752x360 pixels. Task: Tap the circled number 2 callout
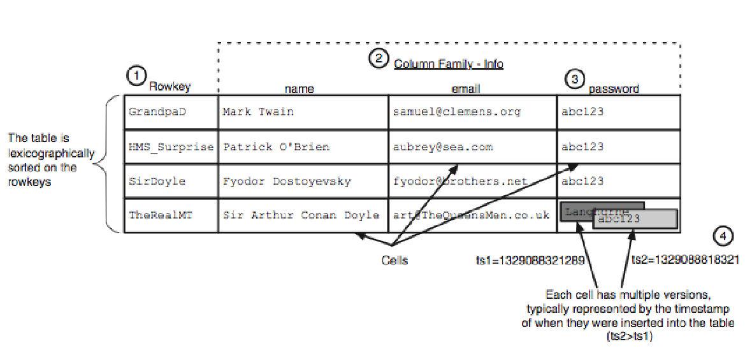(x=379, y=59)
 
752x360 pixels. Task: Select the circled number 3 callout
(x=575, y=79)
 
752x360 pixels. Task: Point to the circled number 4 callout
(x=722, y=236)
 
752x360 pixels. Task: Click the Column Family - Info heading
(x=448, y=64)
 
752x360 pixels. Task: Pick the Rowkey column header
(x=170, y=87)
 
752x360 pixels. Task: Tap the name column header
(x=299, y=89)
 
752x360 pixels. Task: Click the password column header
(x=613, y=89)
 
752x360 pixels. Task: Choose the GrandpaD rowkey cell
(x=157, y=112)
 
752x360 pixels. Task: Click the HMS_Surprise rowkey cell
(x=170, y=147)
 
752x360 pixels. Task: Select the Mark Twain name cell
(x=258, y=112)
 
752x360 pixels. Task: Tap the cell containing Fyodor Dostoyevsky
(x=287, y=181)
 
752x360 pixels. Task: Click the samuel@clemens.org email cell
(x=456, y=112)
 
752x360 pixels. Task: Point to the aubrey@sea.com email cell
(x=443, y=147)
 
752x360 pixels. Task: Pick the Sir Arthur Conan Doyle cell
(x=301, y=215)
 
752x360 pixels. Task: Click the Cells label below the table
(x=394, y=260)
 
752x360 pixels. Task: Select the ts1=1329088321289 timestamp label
(x=530, y=260)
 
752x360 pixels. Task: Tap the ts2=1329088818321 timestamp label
(x=685, y=260)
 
